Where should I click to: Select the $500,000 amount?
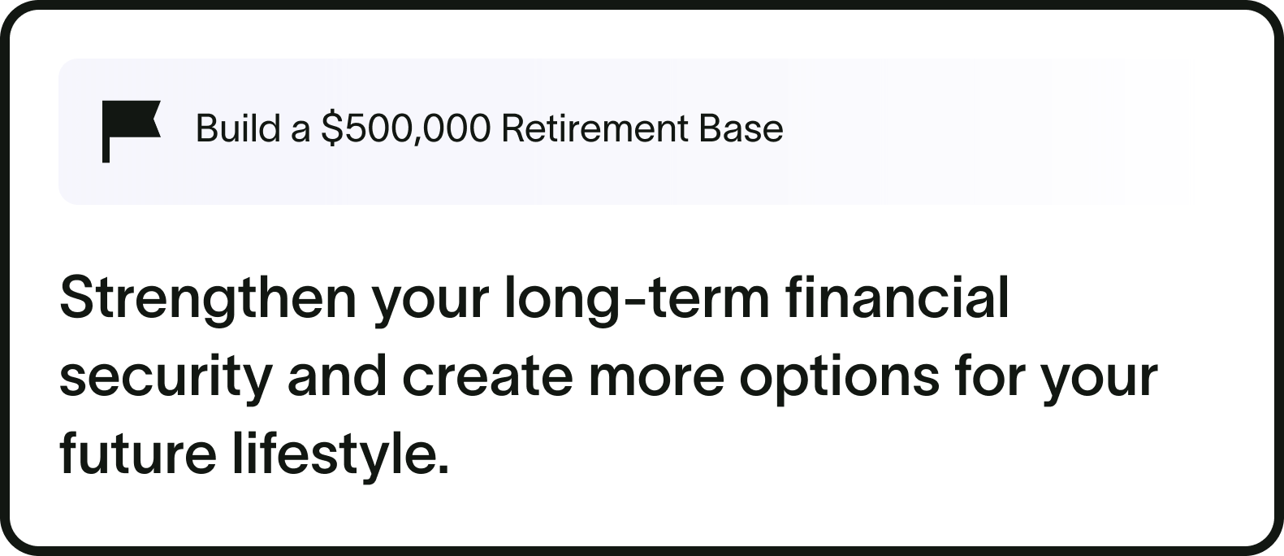(406, 129)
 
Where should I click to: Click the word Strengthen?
(208, 299)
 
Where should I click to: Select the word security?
(163, 377)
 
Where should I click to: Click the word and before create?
(337, 377)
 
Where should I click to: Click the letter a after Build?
(300, 131)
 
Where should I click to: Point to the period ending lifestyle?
(442, 469)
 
